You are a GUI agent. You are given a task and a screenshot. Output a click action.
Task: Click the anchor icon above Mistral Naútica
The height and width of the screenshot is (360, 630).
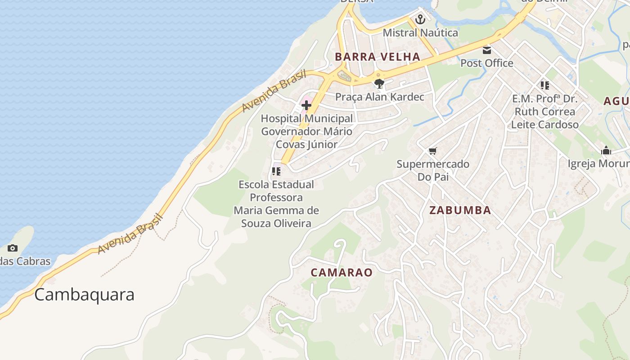pos(420,19)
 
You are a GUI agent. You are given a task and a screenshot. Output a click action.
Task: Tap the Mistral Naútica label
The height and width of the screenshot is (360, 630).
pos(420,33)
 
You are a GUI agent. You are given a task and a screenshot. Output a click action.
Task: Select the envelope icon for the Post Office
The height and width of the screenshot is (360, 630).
pos(487,50)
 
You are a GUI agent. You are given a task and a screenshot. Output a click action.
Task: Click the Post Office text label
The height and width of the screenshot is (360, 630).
pos(486,63)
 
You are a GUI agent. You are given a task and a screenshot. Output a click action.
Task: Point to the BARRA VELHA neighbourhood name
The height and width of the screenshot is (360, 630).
pos(378,57)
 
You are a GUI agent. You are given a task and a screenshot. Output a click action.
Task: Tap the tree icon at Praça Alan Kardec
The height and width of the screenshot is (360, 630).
pos(379,84)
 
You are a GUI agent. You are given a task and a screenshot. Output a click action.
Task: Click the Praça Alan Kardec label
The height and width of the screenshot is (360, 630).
pos(379,97)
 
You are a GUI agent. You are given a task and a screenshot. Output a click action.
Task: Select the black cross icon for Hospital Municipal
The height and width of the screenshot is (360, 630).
pos(306,106)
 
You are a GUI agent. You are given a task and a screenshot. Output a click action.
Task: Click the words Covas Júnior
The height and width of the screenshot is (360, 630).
pos(306,144)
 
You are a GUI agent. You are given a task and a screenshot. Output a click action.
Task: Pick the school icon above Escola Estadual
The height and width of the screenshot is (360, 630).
pos(276,171)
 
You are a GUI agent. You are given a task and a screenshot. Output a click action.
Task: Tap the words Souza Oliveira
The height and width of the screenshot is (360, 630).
pos(276,223)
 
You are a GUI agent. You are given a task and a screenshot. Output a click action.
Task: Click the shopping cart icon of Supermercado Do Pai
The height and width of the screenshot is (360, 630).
pos(432,151)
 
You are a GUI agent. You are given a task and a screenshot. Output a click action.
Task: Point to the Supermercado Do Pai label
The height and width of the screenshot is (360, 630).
pos(432,170)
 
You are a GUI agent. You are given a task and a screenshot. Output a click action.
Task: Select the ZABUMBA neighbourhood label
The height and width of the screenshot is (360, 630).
pos(460,211)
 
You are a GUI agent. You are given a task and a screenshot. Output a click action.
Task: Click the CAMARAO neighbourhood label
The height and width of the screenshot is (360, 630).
pos(342,273)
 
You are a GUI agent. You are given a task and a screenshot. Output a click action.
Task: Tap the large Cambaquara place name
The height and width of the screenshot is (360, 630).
pos(84,295)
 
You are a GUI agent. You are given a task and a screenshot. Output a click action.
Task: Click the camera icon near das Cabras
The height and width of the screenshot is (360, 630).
pos(13,248)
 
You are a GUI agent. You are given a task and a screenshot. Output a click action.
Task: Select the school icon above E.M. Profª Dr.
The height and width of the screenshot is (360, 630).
pos(544,85)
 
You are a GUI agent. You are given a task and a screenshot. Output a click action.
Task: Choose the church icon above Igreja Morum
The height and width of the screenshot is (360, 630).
pos(606,151)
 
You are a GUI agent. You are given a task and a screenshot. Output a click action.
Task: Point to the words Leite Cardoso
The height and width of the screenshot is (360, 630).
pos(544,125)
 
